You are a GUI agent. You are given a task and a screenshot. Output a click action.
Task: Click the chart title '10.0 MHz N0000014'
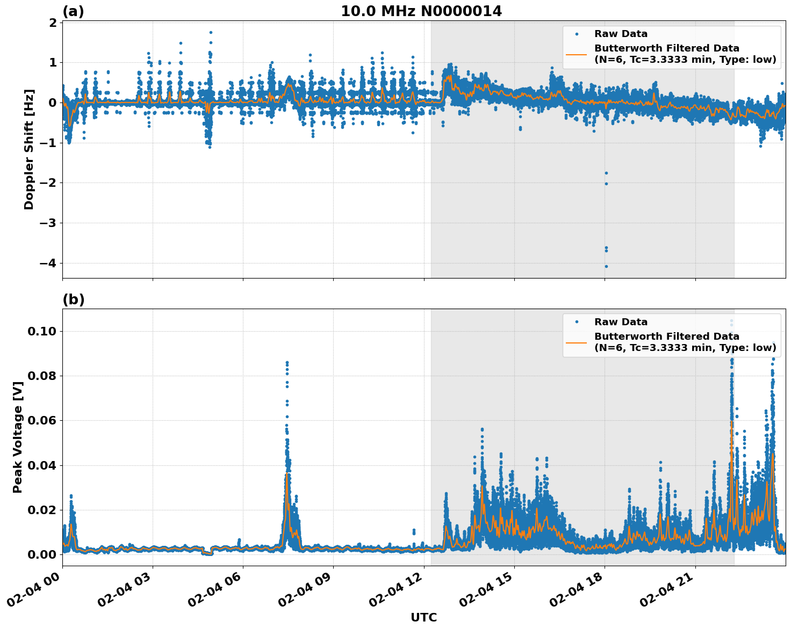pyautogui.click(x=421, y=11)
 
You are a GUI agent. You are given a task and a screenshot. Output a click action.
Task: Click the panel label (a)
pyautogui.click(x=73, y=11)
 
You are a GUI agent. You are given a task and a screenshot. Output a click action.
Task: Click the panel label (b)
pyautogui.click(x=73, y=299)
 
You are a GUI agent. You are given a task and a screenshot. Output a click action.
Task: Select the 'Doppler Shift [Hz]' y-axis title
pyautogui.click(x=29, y=149)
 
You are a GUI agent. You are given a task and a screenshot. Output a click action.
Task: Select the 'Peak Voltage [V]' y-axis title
pyautogui.click(x=18, y=437)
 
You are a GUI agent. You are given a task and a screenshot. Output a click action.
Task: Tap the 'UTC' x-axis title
pyautogui.click(x=423, y=617)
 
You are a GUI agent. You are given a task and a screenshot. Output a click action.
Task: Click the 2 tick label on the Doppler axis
pyautogui.click(x=53, y=23)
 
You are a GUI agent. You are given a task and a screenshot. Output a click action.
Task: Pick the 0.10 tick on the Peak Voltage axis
pyautogui.click(x=41, y=332)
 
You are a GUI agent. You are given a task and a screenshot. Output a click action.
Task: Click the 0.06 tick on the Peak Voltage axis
pyautogui.click(x=41, y=421)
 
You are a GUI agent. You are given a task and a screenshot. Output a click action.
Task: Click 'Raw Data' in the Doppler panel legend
pyautogui.click(x=621, y=34)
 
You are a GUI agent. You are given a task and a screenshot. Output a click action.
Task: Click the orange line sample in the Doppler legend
pyautogui.click(x=577, y=54)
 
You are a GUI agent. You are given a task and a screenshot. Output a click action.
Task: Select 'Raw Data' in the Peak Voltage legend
pyautogui.click(x=621, y=322)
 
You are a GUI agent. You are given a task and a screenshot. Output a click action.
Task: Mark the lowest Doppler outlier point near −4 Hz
pyautogui.click(x=606, y=266)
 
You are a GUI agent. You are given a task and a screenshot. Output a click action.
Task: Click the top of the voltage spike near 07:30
pyautogui.click(x=287, y=363)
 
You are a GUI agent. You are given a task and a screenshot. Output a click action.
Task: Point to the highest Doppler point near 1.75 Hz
pyautogui.click(x=211, y=32)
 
